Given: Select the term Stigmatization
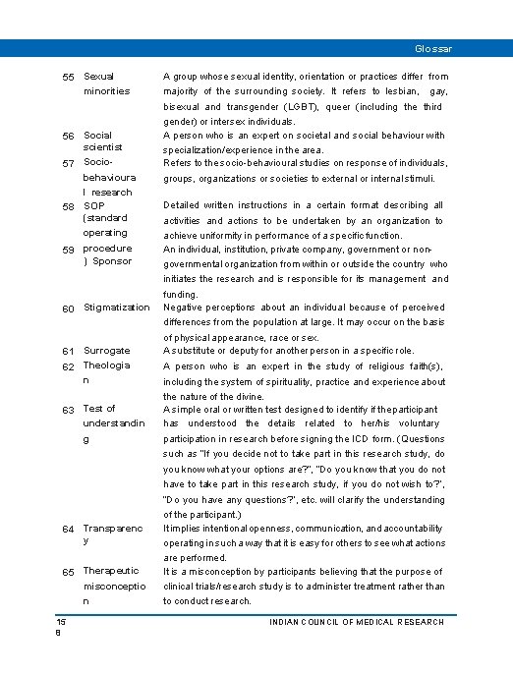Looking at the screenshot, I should point(117,309).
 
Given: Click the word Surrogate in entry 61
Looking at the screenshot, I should point(106,350).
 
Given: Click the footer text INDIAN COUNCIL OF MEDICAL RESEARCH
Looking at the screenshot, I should point(358,622).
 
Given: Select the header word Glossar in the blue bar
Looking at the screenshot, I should point(433,48).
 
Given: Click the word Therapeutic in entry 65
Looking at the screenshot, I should point(111,570).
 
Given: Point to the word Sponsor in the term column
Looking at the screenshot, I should point(111,261).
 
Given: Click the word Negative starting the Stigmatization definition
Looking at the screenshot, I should point(185,308).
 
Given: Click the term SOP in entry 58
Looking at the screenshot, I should point(94,204).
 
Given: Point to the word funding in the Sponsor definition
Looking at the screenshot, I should point(182,294).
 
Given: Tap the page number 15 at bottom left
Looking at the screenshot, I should point(60,622).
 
